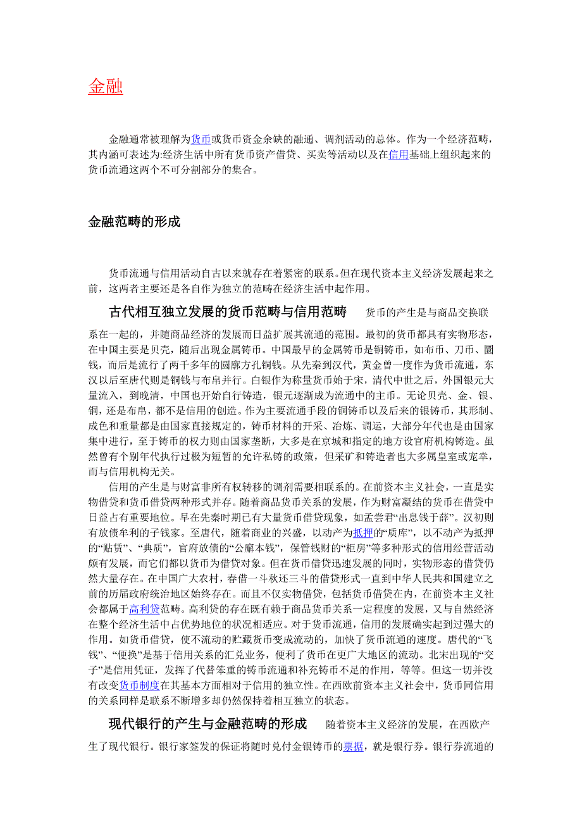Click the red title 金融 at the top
(x=105, y=87)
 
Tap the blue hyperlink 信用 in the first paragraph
(x=399, y=154)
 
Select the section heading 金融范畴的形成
(x=134, y=222)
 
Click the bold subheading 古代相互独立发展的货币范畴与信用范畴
(x=228, y=312)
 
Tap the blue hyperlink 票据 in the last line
(x=353, y=747)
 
